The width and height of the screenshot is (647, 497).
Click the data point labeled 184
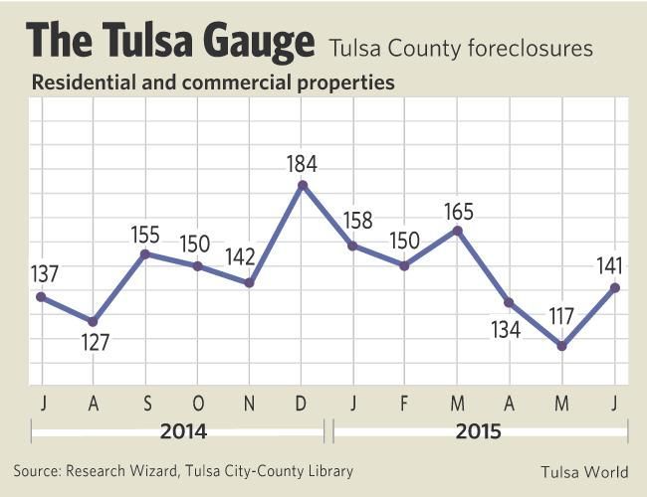tap(302, 184)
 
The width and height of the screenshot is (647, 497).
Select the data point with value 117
tap(562, 346)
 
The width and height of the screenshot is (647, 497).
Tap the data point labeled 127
tap(93, 322)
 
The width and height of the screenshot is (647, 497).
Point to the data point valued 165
tap(457, 231)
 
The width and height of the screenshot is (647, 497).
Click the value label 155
tap(146, 235)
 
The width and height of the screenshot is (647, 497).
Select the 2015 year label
tap(478, 432)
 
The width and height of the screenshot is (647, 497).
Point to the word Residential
tap(80, 83)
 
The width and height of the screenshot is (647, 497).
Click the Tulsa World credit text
tap(584, 471)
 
